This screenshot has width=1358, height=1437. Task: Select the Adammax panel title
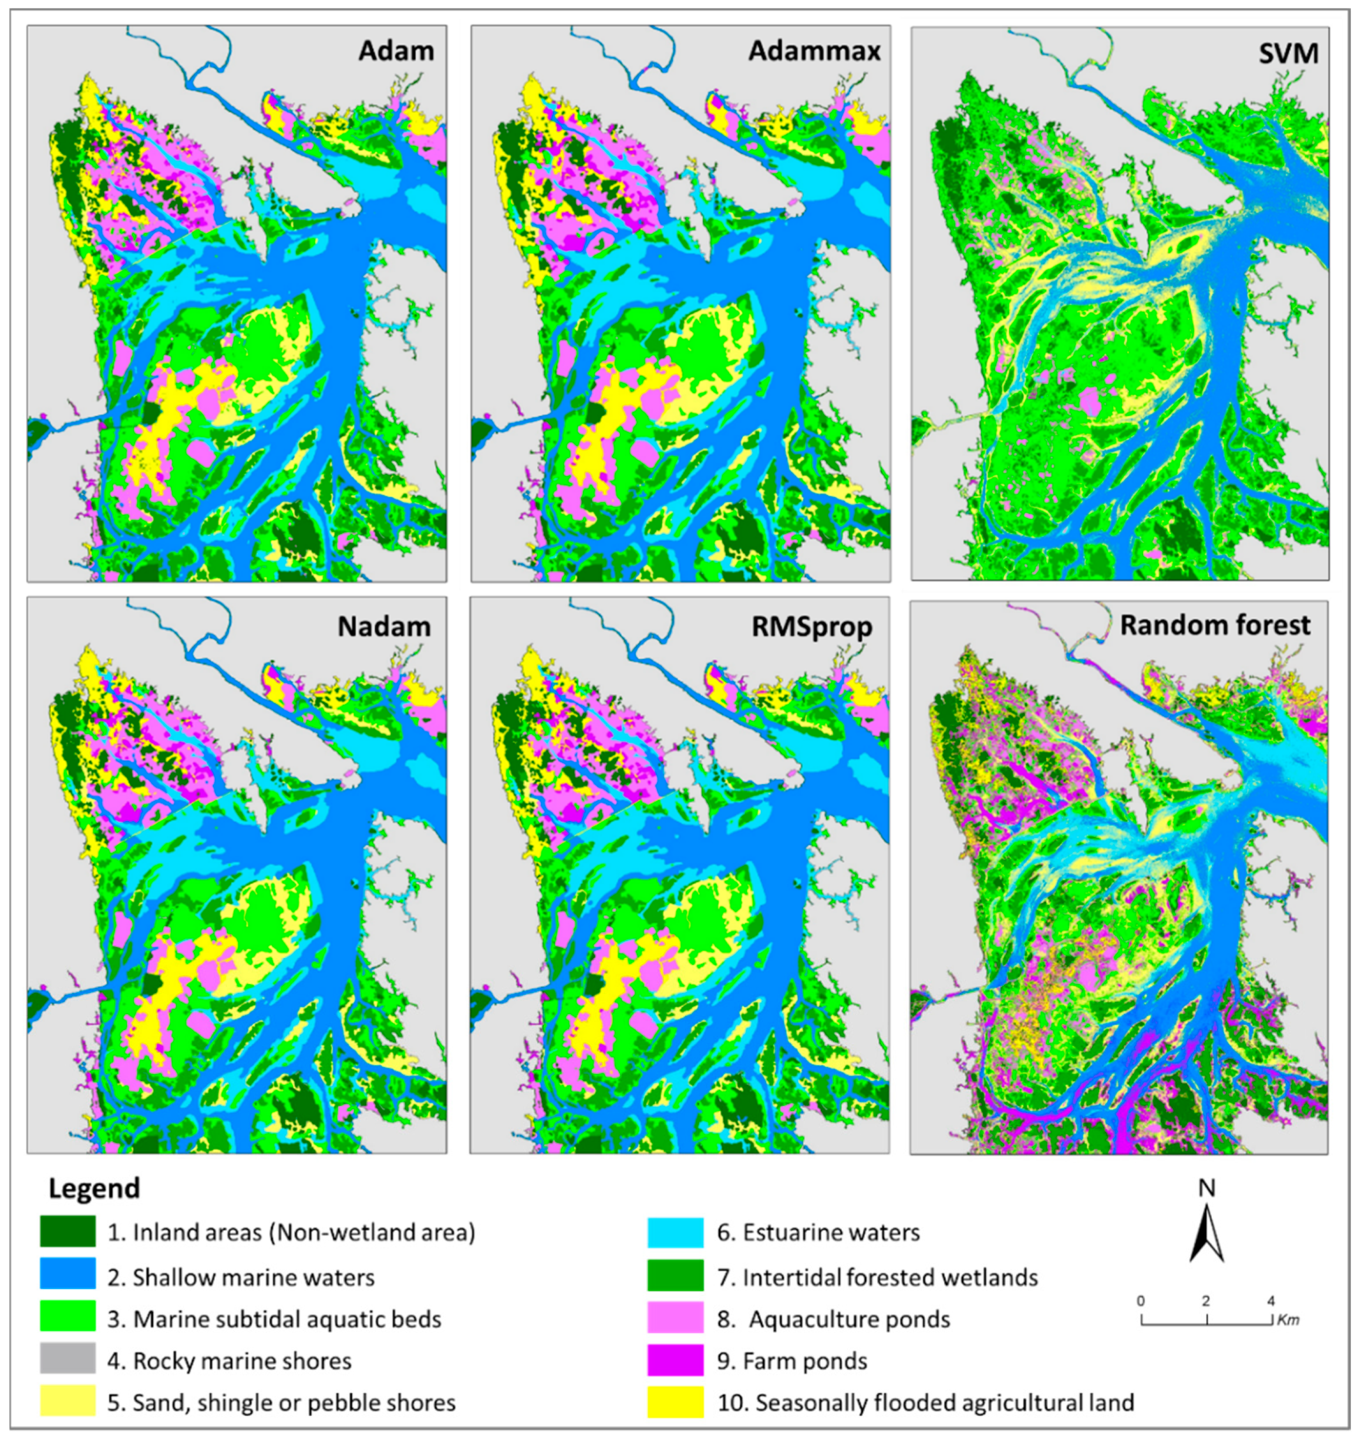tap(814, 51)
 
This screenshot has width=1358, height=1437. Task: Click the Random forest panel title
tap(1215, 625)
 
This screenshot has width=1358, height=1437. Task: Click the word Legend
tap(94, 1188)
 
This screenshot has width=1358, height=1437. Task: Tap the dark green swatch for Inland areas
tap(68, 1232)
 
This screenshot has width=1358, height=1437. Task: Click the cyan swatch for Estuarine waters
tap(675, 1232)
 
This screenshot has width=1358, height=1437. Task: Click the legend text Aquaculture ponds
tap(848, 1319)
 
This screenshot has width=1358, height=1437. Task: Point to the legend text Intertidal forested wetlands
tap(889, 1277)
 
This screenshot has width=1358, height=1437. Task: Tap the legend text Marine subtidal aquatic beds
tap(287, 1319)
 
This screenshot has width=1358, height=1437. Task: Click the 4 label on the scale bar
tap(1271, 1301)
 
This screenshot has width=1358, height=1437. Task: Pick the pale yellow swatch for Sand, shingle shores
tap(68, 1402)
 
